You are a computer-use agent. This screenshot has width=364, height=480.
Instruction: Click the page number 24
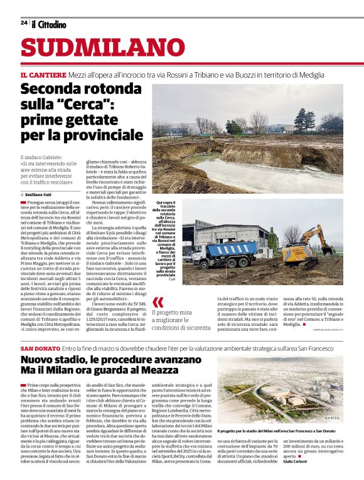(x=24, y=23)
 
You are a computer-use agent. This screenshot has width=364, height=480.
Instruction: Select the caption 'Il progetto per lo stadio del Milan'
(x=276, y=414)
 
